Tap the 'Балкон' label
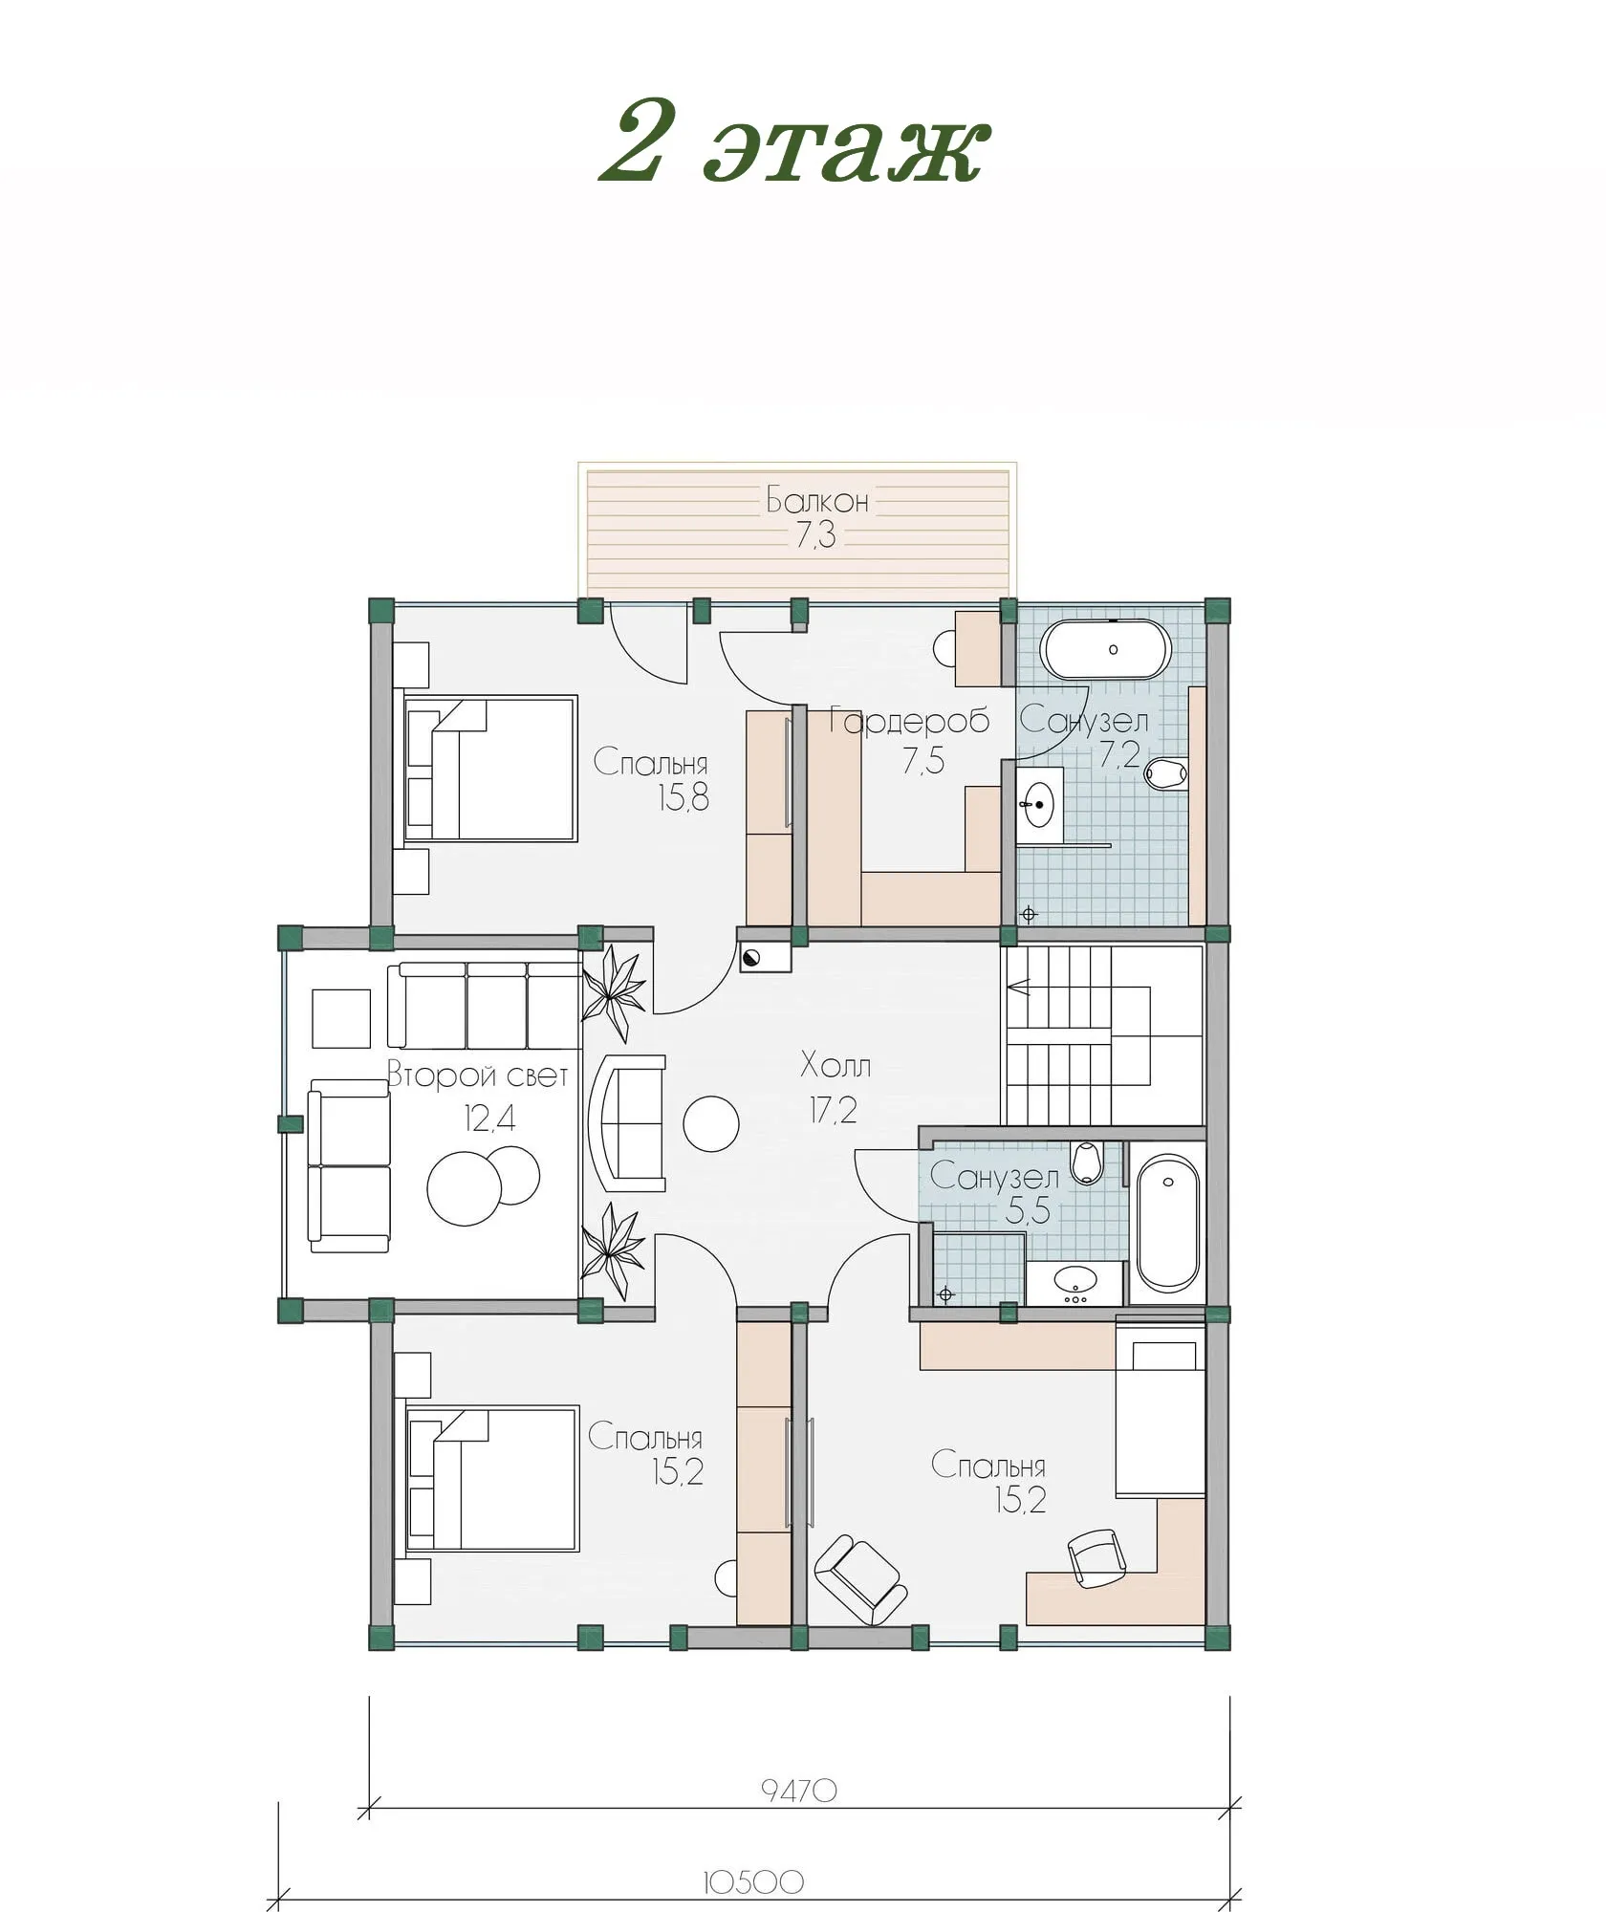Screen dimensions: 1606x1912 pyautogui.click(x=817, y=499)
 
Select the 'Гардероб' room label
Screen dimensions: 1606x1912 pyautogui.click(x=908, y=720)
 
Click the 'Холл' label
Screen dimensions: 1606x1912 pyautogui.click(x=836, y=1065)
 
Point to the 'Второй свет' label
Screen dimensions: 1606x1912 pyautogui.click(x=477, y=1075)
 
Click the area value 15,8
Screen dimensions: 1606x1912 pyautogui.click(x=683, y=797)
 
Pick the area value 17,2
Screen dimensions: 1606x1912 pyautogui.click(x=834, y=1110)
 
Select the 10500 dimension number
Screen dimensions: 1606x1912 pyautogui.click(x=753, y=1882)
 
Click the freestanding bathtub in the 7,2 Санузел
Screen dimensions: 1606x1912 pyautogui.click(x=1105, y=650)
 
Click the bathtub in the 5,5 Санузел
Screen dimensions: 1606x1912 pyautogui.click(x=1167, y=1223)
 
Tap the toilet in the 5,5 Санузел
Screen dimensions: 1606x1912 pyautogui.click(x=1087, y=1162)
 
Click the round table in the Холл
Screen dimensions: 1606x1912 pyautogui.click(x=710, y=1123)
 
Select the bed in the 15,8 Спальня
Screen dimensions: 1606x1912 pyautogui.click(x=490, y=769)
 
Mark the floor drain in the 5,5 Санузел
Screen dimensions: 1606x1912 pyautogui.click(x=946, y=1295)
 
